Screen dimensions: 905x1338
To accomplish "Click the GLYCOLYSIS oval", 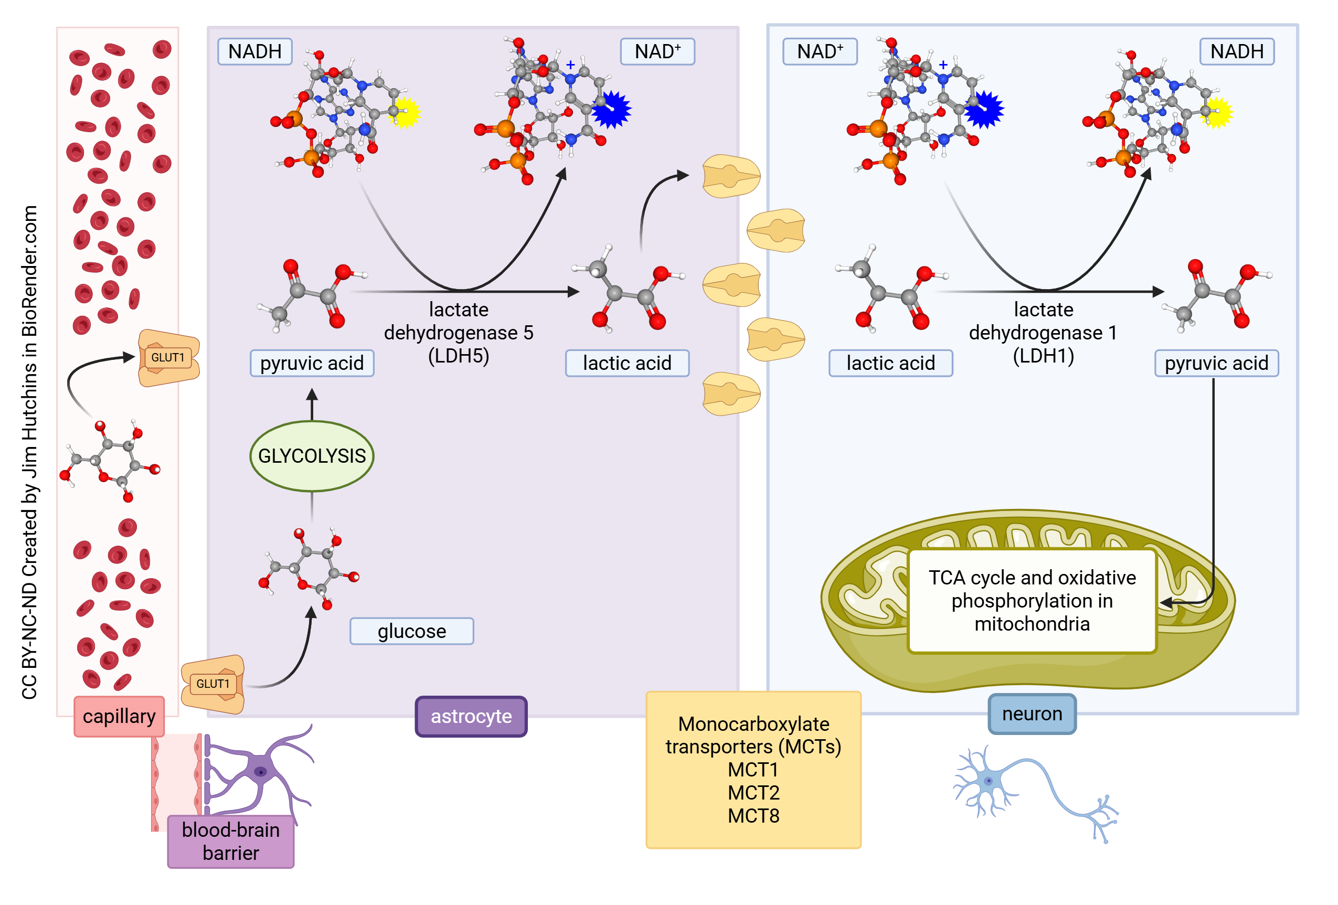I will [312, 456].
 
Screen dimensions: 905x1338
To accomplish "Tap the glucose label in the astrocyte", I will [412, 631].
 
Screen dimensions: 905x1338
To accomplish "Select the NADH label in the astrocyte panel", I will [254, 51].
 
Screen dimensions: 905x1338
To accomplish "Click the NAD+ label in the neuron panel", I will [819, 51].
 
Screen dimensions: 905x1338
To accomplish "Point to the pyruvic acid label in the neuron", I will [1216, 363].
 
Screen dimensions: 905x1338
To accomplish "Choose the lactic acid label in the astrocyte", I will [627, 363].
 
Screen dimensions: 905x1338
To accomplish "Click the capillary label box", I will [119, 716].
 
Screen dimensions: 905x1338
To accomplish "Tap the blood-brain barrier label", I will [230, 841].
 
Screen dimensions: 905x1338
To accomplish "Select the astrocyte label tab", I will [471, 716].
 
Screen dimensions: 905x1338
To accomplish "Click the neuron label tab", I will [1032, 714].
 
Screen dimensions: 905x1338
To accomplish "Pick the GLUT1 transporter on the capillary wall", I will [168, 357].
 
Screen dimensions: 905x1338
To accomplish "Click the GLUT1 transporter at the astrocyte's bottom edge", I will [213, 684].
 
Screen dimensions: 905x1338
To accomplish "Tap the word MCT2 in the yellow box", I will [753, 793].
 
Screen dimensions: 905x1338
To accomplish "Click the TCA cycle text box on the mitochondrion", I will [1032, 601].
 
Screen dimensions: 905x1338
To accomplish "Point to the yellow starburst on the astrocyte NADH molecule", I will [405, 113].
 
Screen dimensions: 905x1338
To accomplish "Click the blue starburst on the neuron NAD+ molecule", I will [984, 109].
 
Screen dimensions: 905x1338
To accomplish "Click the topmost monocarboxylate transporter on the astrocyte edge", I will [730, 176].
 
